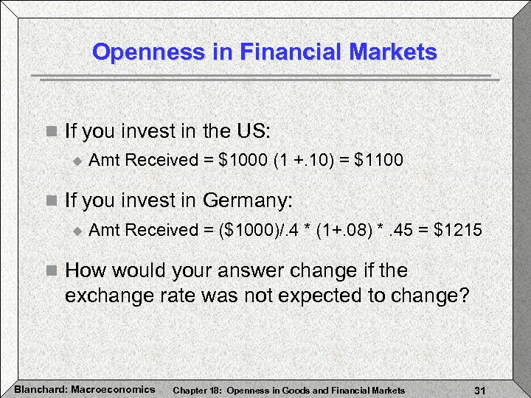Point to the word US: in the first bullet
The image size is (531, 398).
tap(255, 132)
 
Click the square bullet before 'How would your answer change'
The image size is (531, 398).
tap(50, 271)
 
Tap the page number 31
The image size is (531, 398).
tap(480, 389)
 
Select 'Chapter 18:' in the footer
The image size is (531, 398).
tap(192, 389)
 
